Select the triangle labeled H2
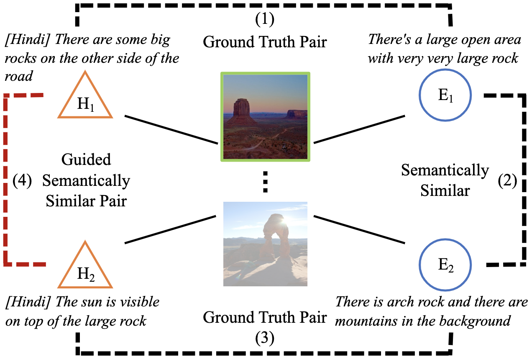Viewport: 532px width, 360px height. point(85,270)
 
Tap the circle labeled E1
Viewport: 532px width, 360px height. point(445,96)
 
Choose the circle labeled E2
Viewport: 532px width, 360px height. point(445,265)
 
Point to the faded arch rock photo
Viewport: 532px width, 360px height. point(265,244)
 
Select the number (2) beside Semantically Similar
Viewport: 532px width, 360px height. point(507,181)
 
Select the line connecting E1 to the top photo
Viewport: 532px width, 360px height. point(361,129)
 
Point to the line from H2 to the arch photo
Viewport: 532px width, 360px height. point(170,229)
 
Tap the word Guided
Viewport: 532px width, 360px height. point(86,159)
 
